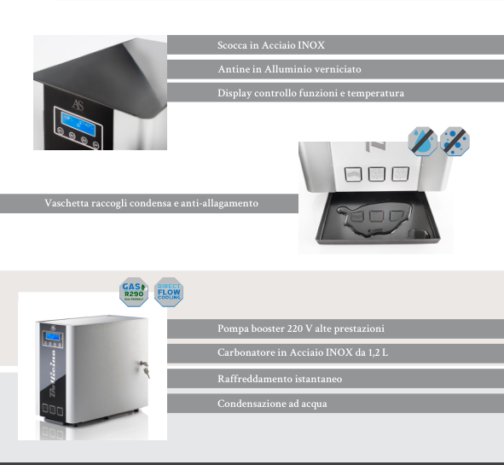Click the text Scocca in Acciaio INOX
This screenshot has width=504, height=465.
[x=271, y=45]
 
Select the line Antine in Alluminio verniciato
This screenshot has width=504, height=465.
[x=289, y=69]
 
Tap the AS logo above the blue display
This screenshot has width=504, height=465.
[x=78, y=105]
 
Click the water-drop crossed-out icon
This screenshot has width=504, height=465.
[x=423, y=142]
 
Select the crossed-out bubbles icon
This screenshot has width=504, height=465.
[x=455, y=142]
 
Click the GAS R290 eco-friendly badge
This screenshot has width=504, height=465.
[x=134, y=292]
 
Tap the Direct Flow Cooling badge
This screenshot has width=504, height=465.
[x=169, y=292]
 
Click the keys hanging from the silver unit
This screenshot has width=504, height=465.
[x=145, y=369]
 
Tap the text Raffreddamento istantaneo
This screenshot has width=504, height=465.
[x=280, y=379]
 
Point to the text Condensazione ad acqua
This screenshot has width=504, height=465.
[x=272, y=404]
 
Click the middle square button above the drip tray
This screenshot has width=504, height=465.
[x=377, y=174]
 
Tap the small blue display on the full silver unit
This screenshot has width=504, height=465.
[x=52, y=337]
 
